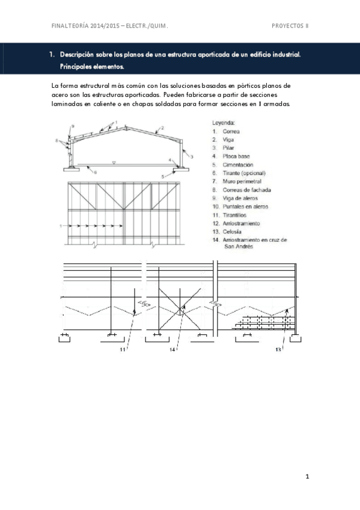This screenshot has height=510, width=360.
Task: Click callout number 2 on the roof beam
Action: [x=162, y=128]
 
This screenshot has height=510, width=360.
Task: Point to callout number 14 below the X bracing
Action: [x=172, y=349]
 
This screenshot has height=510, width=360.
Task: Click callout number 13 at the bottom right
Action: [x=278, y=349]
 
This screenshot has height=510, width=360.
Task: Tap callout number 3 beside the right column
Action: [x=192, y=156]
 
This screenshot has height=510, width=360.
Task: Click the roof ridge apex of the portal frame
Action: [x=124, y=126]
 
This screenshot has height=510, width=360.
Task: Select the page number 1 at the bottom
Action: [x=307, y=477]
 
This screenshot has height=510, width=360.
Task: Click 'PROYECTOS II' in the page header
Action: [x=290, y=26]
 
